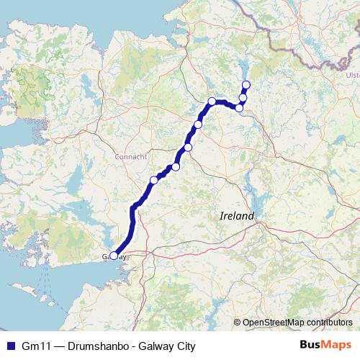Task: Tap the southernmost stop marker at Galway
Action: point(114,256)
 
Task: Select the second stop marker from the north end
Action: point(243,98)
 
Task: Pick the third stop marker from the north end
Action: point(240,108)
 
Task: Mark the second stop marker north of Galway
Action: point(176,167)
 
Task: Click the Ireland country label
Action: point(237,216)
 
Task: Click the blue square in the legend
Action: point(10,346)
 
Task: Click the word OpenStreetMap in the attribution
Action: point(274,323)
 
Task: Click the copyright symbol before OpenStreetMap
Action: point(237,323)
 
